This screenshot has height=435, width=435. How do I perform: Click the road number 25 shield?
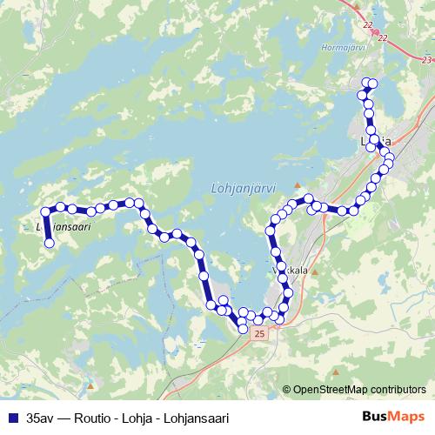[259, 332]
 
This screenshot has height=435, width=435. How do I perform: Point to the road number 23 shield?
[425, 59]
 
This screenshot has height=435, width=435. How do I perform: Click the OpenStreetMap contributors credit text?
[359, 389]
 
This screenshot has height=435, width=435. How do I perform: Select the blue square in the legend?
[12, 418]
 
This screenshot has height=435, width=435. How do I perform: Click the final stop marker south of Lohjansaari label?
[50, 244]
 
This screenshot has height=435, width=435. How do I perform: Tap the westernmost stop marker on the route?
[45, 211]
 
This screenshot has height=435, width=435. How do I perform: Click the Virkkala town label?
[291, 271]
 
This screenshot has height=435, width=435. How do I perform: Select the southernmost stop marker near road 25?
[243, 328]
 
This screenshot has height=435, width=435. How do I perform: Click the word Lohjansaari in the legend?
[196, 418]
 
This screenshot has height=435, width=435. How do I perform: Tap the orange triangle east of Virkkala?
[315, 271]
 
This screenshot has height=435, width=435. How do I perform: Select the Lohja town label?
[376, 140]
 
